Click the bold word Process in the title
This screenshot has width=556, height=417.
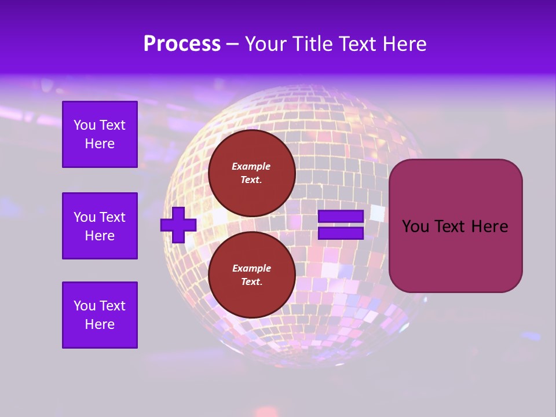182,44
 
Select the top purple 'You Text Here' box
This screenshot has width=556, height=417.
100,134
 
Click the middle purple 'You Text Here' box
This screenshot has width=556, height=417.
100,226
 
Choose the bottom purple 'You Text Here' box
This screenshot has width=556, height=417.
100,315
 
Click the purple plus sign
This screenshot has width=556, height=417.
178,225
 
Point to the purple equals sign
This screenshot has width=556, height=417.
341,225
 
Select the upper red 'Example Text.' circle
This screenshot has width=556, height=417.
251,173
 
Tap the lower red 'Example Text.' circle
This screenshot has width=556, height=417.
251,275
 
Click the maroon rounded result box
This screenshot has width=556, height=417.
455,225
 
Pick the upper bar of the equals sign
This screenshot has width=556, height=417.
341,217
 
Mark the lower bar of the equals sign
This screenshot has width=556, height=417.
341,233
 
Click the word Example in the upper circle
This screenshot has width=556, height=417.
251,166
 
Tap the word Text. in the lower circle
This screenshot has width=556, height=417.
251,282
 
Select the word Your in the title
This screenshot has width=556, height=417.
265,44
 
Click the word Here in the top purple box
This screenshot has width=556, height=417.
100,144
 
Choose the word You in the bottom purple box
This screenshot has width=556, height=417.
85,306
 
